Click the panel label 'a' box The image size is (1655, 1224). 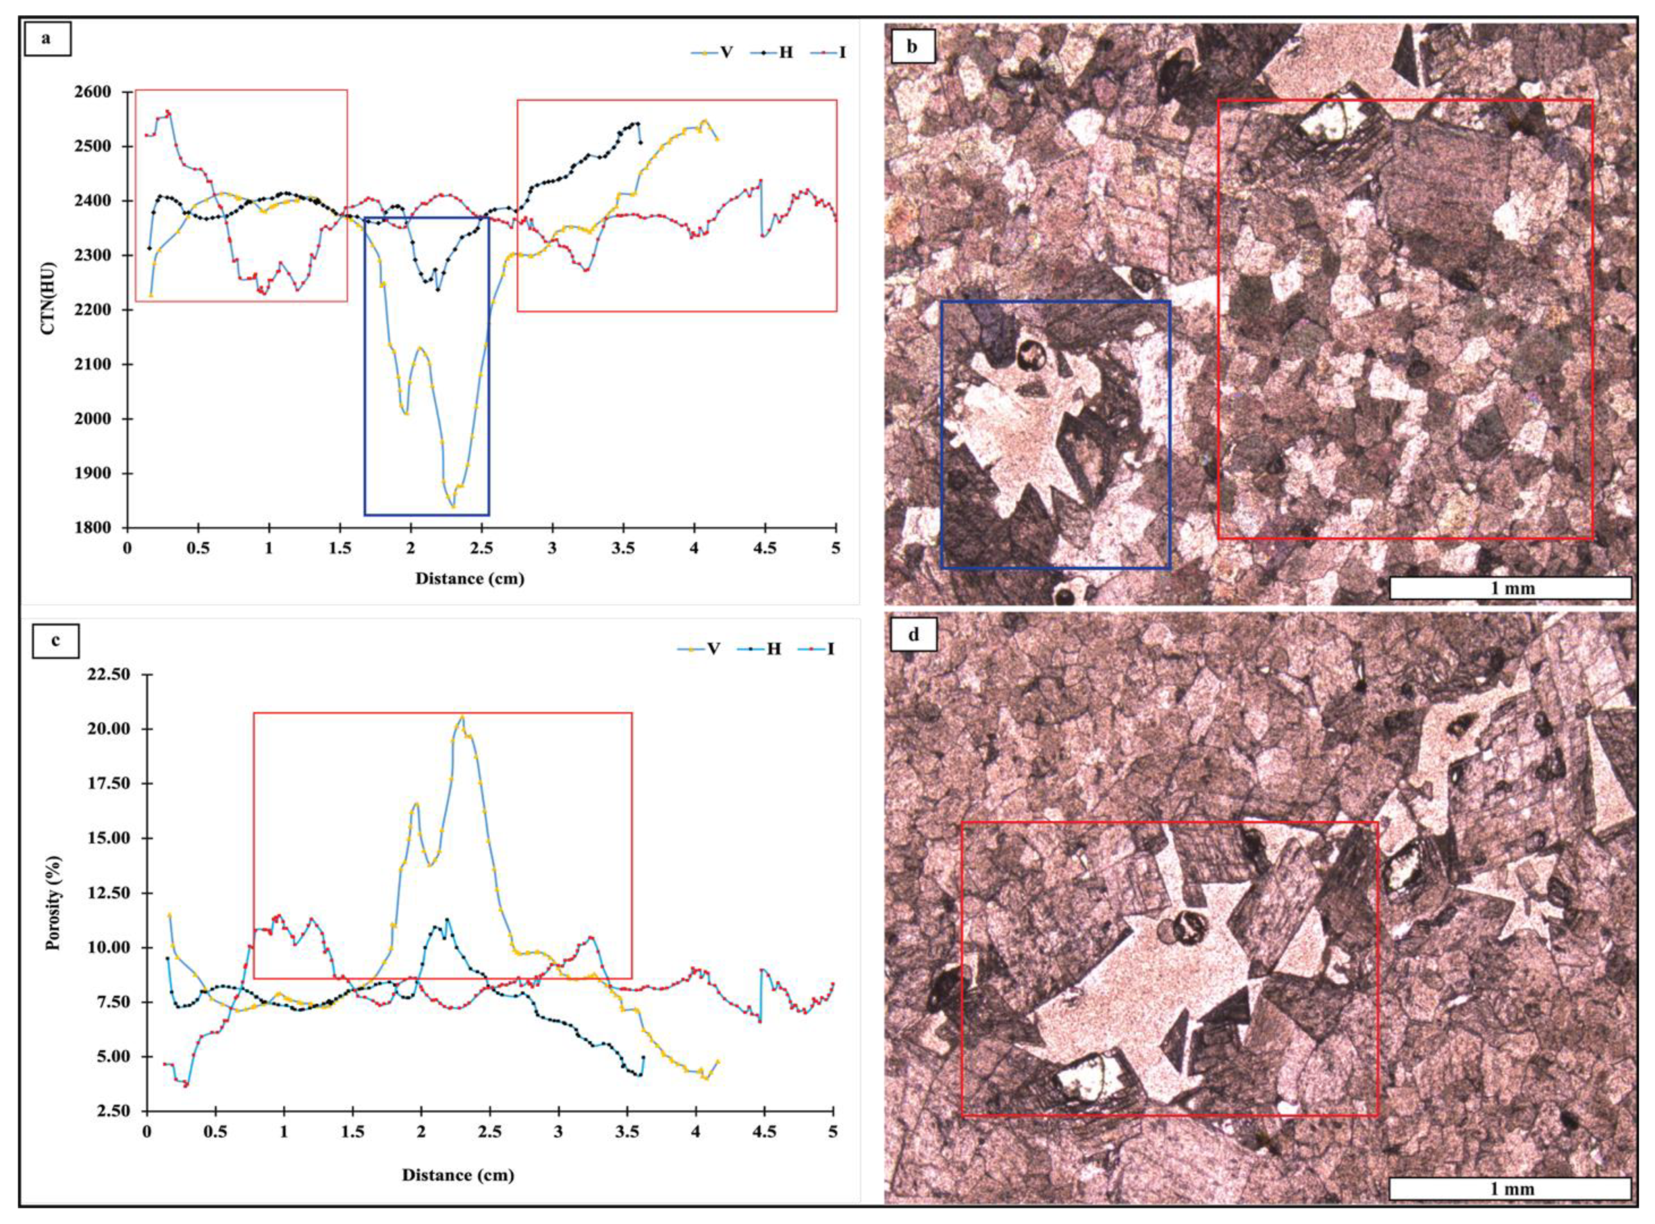coord(47,40)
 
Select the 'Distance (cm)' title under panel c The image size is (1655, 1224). coord(458,1174)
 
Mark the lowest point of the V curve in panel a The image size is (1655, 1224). coord(452,506)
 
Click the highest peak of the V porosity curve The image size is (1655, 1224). coord(462,716)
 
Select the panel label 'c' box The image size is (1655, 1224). coord(56,642)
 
